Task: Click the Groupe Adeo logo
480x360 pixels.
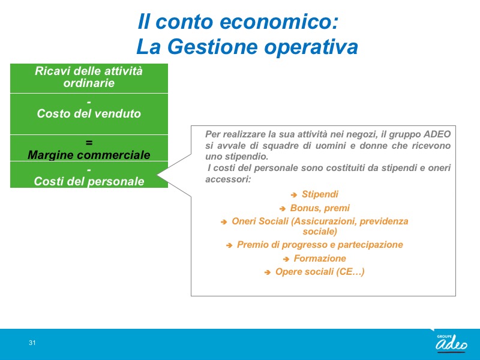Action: [x=451, y=343]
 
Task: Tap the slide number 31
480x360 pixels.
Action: [x=32, y=343]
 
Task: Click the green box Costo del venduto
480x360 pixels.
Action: [x=89, y=114]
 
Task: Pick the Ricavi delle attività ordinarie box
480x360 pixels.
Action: [x=89, y=78]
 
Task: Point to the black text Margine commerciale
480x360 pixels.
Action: [x=89, y=155]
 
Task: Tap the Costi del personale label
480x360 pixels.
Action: [x=89, y=181]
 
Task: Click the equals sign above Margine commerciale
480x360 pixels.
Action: [x=89, y=143]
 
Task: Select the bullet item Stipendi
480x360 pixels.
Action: [x=320, y=194]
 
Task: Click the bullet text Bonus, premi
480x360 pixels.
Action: [x=320, y=208]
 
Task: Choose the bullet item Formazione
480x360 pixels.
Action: [x=320, y=259]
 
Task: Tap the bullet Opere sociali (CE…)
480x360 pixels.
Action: [x=320, y=272]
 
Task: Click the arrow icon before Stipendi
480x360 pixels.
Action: [x=294, y=194]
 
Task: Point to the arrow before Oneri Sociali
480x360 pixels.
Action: [x=224, y=221]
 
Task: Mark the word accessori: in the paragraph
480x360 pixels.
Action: [x=228, y=179]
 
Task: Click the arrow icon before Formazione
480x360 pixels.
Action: [x=286, y=259]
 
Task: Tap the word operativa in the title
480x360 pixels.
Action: [x=311, y=47]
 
